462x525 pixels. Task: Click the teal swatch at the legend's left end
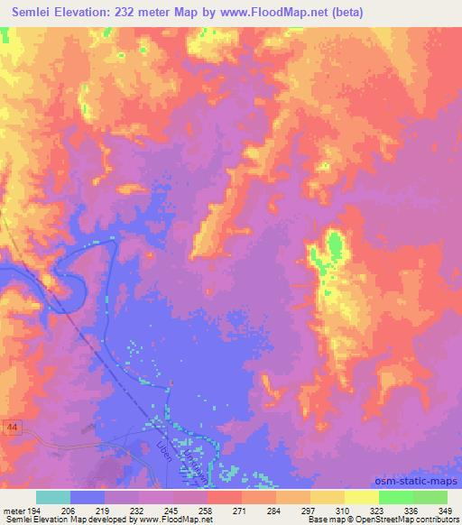coord(52,497)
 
